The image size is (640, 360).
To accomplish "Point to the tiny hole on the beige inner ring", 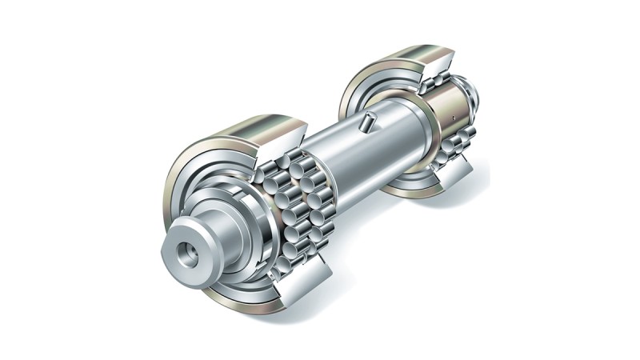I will [x=453, y=118].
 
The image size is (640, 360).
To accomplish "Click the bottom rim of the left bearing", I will [x=240, y=300].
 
